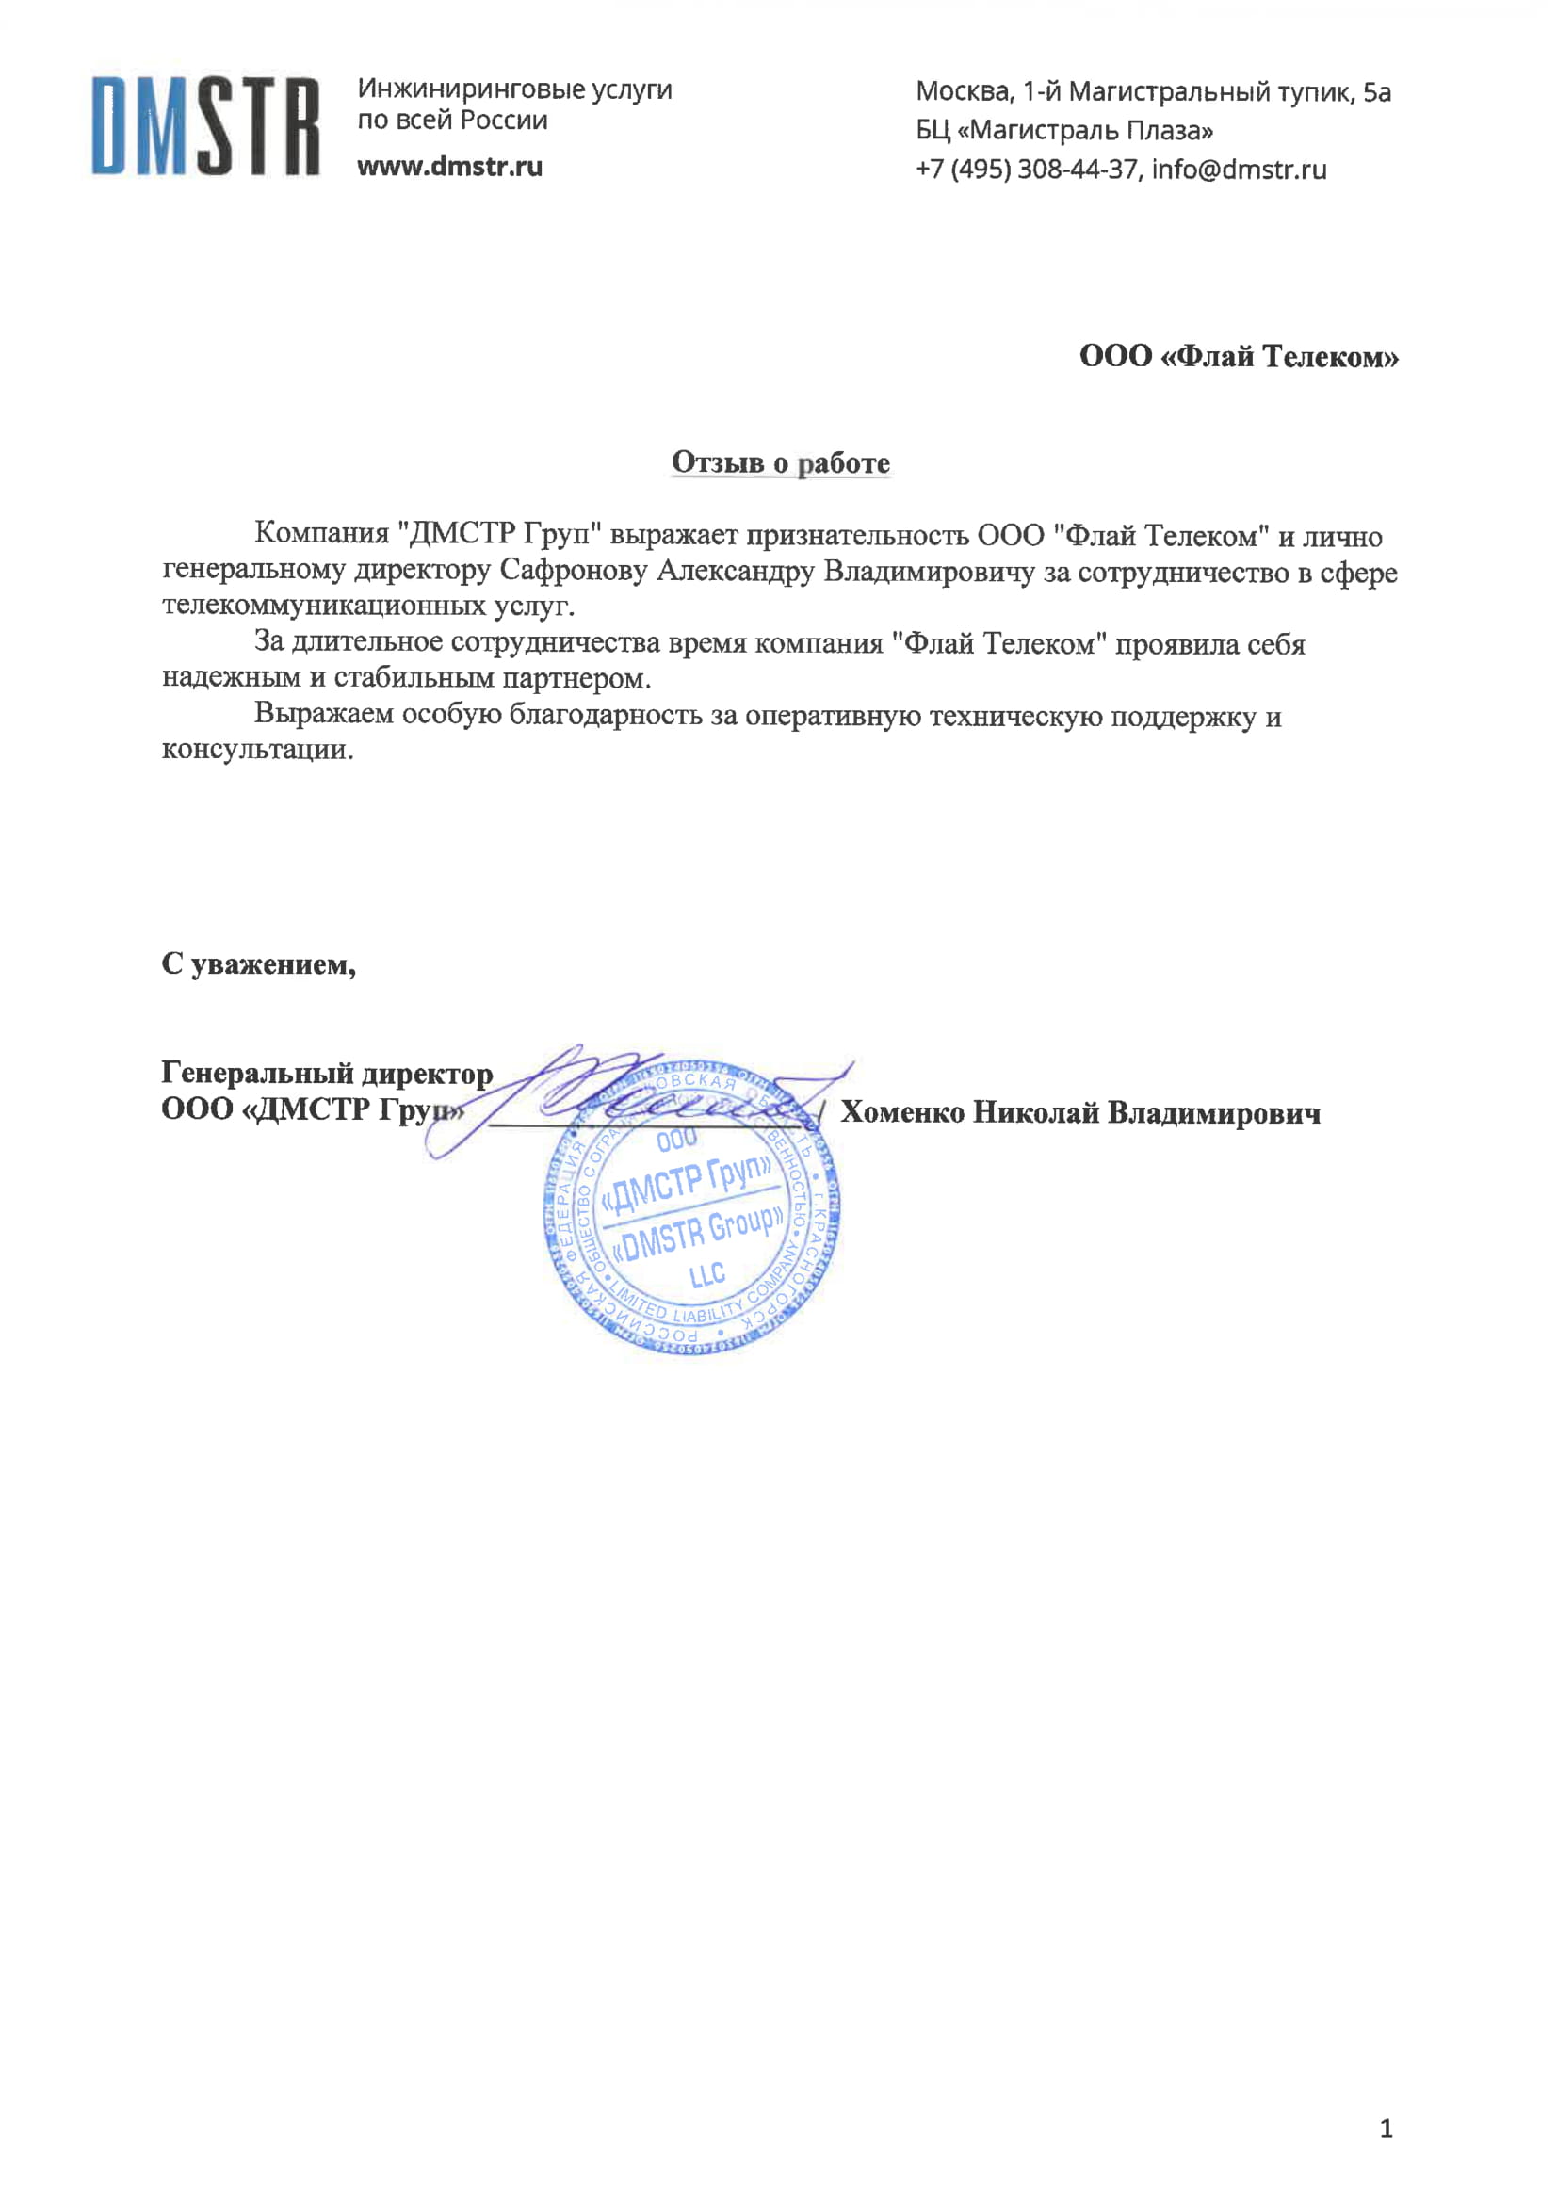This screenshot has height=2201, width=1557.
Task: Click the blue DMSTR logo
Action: pos(205,126)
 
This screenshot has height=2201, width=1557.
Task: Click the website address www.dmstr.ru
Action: pos(449,167)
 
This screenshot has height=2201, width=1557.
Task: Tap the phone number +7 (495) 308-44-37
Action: pos(1026,170)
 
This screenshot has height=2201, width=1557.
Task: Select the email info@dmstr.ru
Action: pos(1239,170)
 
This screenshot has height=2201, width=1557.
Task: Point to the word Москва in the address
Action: pos(963,92)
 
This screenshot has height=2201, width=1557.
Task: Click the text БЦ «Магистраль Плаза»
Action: pos(1064,130)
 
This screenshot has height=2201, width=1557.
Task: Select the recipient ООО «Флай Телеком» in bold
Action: pos(1238,357)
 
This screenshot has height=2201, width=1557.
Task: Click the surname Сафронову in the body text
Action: pos(574,572)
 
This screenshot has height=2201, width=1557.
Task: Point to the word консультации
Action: pos(257,750)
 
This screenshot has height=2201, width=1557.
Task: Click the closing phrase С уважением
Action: pos(258,963)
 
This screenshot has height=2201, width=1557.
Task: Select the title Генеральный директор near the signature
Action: pos(326,1073)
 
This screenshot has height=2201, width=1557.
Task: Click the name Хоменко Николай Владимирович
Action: pos(1079,1113)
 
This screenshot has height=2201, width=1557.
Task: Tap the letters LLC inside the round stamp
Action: pos(706,1275)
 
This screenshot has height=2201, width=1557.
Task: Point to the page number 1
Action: pos(1386,2128)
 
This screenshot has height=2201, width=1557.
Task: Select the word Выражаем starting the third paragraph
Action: pos(323,715)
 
